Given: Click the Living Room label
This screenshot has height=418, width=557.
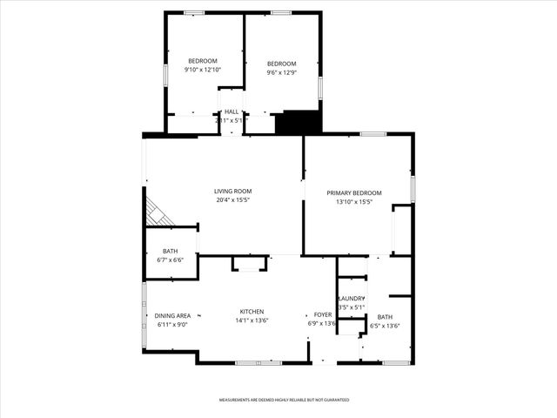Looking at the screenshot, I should [x=233, y=191].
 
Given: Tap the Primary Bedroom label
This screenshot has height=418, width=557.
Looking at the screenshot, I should [x=354, y=192].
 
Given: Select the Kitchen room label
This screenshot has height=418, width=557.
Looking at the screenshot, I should [x=252, y=312].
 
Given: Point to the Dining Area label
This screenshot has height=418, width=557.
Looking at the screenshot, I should [x=172, y=315].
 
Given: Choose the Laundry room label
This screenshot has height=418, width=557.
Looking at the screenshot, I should [x=351, y=298].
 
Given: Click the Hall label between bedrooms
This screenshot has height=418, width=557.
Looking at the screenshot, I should [x=232, y=111].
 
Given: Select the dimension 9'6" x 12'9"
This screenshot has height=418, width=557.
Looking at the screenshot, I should [x=281, y=72].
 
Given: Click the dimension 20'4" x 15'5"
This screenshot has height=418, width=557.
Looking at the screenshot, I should [x=233, y=200].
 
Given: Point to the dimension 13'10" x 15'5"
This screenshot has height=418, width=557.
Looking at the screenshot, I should [x=354, y=202].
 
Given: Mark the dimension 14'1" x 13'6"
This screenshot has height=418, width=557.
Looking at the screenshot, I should [x=252, y=321].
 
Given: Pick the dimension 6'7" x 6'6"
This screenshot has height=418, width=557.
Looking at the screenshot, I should [x=170, y=260].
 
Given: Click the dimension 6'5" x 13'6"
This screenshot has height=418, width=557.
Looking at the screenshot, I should [x=385, y=327].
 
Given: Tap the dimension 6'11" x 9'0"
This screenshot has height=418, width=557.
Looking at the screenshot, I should [x=172, y=325].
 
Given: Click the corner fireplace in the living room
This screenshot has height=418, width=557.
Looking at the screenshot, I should [x=157, y=211].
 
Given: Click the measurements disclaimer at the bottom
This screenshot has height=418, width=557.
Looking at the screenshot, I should [x=283, y=400].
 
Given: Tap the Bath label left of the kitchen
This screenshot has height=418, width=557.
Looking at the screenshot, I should [x=170, y=252].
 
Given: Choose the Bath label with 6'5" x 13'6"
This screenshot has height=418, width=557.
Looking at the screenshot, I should [x=385, y=317].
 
